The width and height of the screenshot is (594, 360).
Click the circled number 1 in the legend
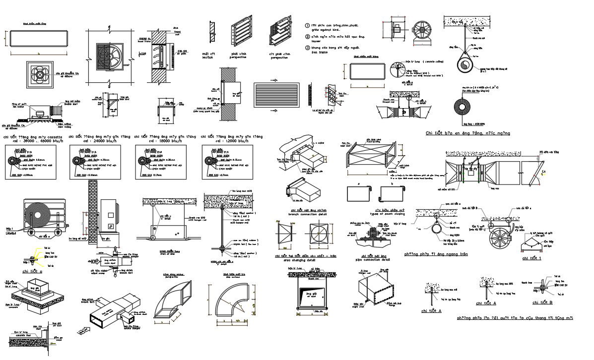pos(307,25)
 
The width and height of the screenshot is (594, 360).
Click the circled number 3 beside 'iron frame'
pos(307,48)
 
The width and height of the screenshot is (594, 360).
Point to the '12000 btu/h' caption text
pos(231,141)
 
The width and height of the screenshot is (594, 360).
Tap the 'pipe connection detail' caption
pos(373,259)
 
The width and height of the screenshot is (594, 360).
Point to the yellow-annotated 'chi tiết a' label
pos(32,272)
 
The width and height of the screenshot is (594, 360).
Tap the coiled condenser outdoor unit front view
pos(40,212)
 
